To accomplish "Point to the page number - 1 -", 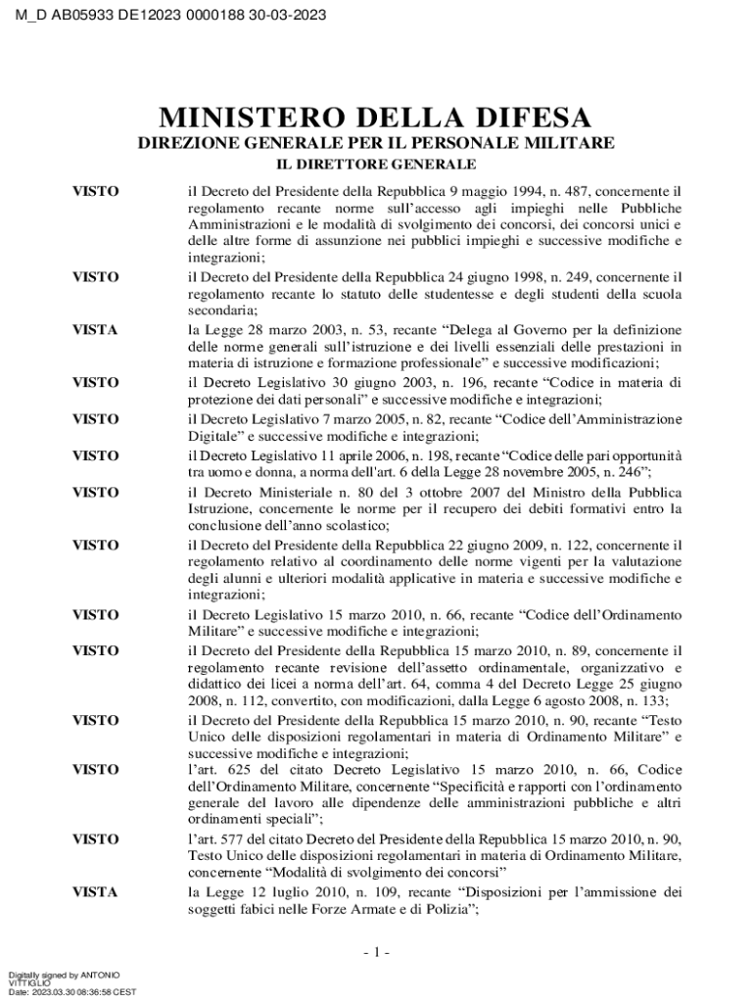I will [376, 952].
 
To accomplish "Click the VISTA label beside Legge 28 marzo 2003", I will [95, 330].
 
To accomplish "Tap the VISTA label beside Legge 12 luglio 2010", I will [95, 892].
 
